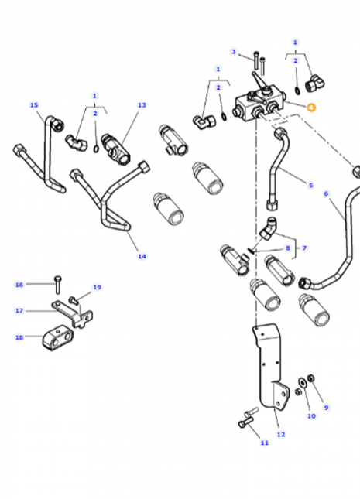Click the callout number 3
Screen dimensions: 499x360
tap(233, 52)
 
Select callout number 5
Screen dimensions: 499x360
tap(310, 185)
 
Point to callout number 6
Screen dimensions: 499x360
tap(326, 193)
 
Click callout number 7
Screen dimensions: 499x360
tap(304, 248)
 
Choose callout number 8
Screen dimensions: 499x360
tap(288, 248)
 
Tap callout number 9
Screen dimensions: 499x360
tap(326, 408)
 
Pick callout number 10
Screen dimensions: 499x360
tap(311, 416)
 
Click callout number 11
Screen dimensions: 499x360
tap(264, 443)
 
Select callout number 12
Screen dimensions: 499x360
tap(281, 434)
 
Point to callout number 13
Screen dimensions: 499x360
tap(142, 104)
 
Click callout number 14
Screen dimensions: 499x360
tap(142, 256)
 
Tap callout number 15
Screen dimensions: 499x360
tap(33, 104)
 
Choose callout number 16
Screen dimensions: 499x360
tap(19, 285)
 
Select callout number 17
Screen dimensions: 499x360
tap(19, 311)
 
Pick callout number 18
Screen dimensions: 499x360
tap(19, 337)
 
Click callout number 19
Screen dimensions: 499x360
tap(97, 288)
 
